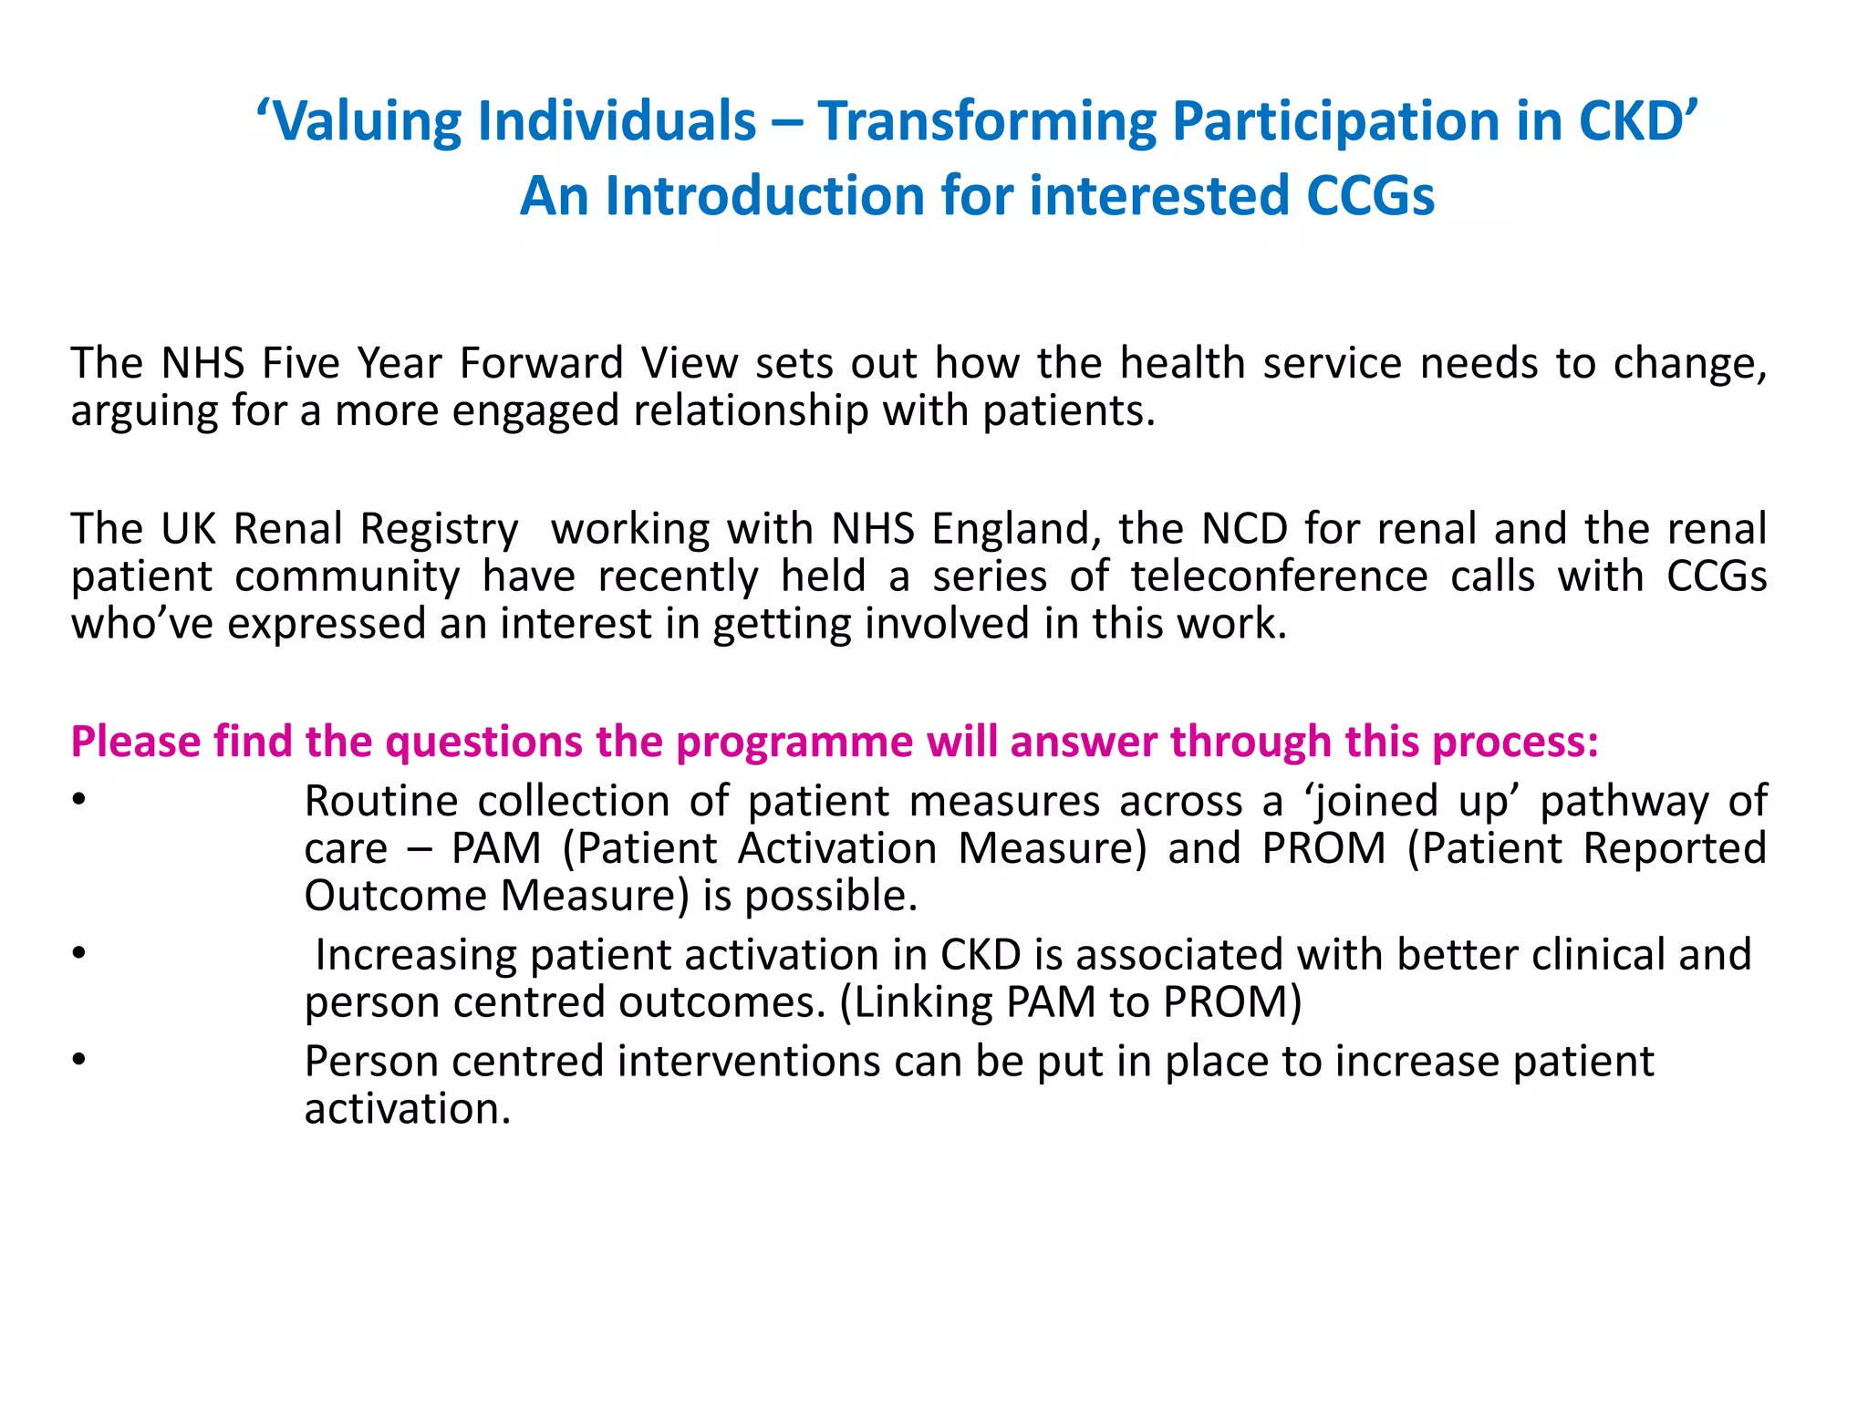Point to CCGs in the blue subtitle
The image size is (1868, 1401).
coord(1370,196)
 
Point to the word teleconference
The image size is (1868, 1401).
coord(1279,576)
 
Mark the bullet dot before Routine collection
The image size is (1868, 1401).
coord(79,800)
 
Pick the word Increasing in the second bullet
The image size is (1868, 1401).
coord(416,955)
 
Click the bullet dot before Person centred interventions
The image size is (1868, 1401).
coord(79,1060)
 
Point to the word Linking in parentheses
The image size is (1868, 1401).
coord(922,1002)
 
